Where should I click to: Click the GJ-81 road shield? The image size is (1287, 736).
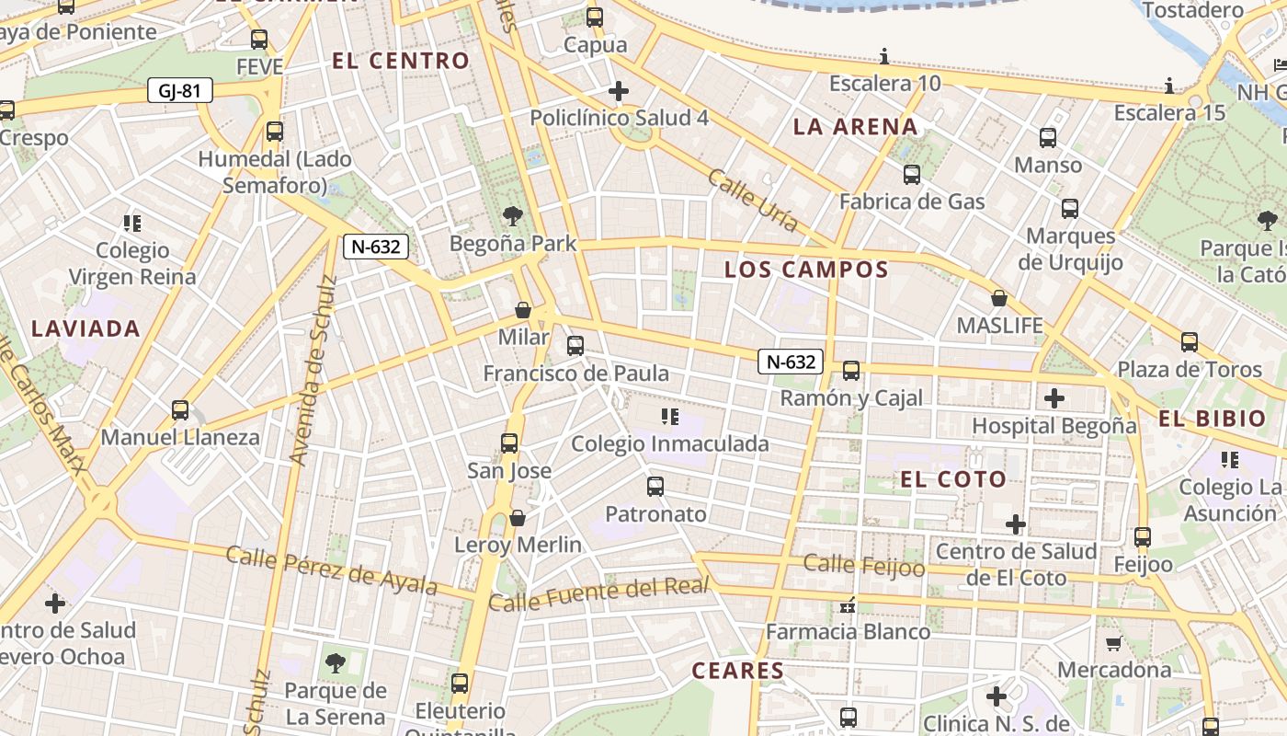tap(180, 90)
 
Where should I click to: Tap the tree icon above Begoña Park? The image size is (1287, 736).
tap(513, 217)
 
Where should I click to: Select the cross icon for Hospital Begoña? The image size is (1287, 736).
tap(1054, 398)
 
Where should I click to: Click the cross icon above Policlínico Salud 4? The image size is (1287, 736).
tap(619, 91)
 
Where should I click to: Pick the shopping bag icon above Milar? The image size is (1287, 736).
tap(523, 310)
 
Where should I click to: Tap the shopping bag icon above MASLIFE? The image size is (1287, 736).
tap(999, 298)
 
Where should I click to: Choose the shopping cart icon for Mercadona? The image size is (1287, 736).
tap(1113, 643)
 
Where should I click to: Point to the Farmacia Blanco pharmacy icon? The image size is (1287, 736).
tap(848, 605)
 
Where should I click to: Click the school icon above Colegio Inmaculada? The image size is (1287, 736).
tap(669, 417)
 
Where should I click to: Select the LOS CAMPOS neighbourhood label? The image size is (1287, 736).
tap(806, 270)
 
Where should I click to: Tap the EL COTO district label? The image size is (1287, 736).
tap(953, 479)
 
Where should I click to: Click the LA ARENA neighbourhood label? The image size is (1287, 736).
tap(855, 127)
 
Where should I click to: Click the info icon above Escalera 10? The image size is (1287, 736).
tap(884, 56)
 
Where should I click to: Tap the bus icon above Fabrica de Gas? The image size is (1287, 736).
tap(912, 175)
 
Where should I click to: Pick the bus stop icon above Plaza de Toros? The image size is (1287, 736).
tap(1190, 342)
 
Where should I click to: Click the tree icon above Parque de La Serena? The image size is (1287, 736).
tap(336, 662)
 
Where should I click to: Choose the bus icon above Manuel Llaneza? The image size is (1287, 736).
tap(180, 410)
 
